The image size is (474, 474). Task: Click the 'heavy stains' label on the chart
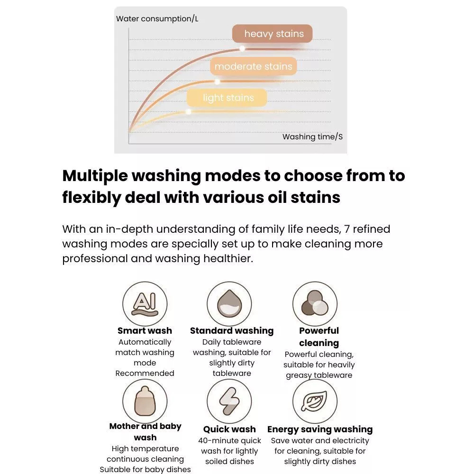(x=272, y=34)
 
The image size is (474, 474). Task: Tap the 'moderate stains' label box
(x=253, y=66)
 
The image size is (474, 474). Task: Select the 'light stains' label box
(x=227, y=98)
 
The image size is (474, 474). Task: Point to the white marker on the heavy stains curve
(x=242, y=48)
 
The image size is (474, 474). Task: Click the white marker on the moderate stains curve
(x=217, y=82)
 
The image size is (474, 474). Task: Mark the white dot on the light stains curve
(x=189, y=112)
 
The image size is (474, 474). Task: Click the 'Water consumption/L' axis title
(x=157, y=19)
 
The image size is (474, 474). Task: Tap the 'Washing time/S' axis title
(x=312, y=137)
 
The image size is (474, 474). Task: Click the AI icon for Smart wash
(x=145, y=304)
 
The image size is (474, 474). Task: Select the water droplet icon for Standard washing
(x=229, y=304)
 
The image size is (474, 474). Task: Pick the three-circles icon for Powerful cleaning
(x=315, y=304)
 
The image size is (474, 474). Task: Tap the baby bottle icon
(x=145, y=401)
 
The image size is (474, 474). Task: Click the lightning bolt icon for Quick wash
(x=229, y=401)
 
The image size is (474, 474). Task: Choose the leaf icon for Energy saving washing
(x=315, y=401)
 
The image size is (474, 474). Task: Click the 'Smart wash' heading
(x=145, y=331)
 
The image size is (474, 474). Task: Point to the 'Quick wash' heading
(x=229, y=429)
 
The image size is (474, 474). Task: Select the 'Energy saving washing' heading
(x=320, y=429)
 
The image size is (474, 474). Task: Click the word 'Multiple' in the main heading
(x=95, y=176)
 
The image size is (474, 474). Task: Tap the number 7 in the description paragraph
(x=347, y=229)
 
